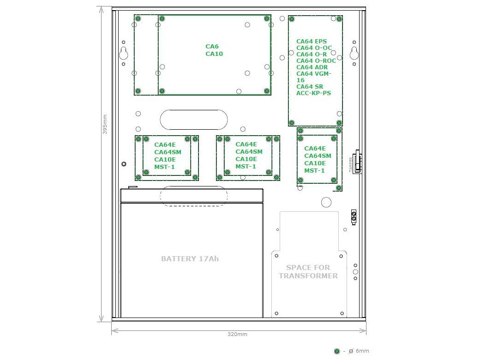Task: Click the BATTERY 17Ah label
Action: pos(190,258)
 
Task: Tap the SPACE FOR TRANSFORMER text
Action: pos(308,271)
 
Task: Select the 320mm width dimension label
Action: pos(237,334)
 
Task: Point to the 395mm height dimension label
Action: pos(105,124)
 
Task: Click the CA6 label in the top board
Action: pos(212,47)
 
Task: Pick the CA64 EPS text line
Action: pos(312,42)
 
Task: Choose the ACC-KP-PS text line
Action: pos(313,93)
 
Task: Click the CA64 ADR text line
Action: pos(312,67)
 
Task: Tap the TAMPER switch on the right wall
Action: pos(357,162)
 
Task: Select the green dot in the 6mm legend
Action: pos(337,351)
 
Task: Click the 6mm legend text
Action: pos(362,351)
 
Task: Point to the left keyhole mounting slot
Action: pos(124,53)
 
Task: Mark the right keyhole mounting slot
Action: pos(354,53)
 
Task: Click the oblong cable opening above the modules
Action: pos(194,120)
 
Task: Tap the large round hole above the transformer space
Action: pos(326,202)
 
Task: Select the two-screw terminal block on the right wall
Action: pos(354,217)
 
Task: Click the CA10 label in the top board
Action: pos(214,54)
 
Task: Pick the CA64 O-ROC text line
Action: pos(316,60)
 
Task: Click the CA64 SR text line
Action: pos(310,86)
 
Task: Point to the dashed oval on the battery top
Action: pos(194,196)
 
